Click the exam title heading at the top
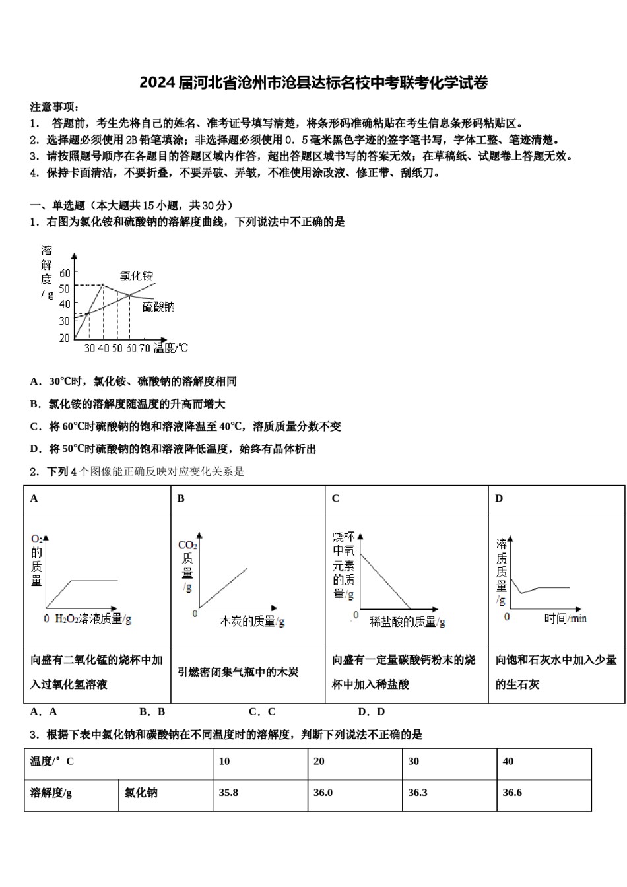tap(313, 83)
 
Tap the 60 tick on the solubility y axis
tap(64, 273)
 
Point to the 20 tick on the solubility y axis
tap(64, 337)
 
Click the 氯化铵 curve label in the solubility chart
tap(137, 275)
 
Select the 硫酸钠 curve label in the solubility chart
tap(158, 306)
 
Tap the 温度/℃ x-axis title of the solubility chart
tap(171, 348)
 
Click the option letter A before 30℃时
tap(34, 381)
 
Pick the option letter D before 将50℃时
tap(35, 449)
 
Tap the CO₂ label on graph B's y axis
tap(187, 544)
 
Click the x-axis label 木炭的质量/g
tap(252, 621)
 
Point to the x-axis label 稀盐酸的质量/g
tap(407, 621)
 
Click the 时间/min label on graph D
tap(566, 618)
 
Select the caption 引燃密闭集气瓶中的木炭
tap(238, 673)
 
